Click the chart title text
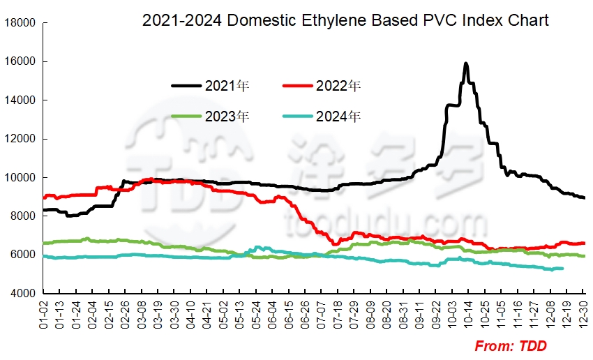click(345, 21)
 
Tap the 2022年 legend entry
click(338, 87)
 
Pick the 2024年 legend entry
click(338, 116)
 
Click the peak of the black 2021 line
click(465, 64)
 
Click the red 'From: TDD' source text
click(511, 346)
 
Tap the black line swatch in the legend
click(186, 87)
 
